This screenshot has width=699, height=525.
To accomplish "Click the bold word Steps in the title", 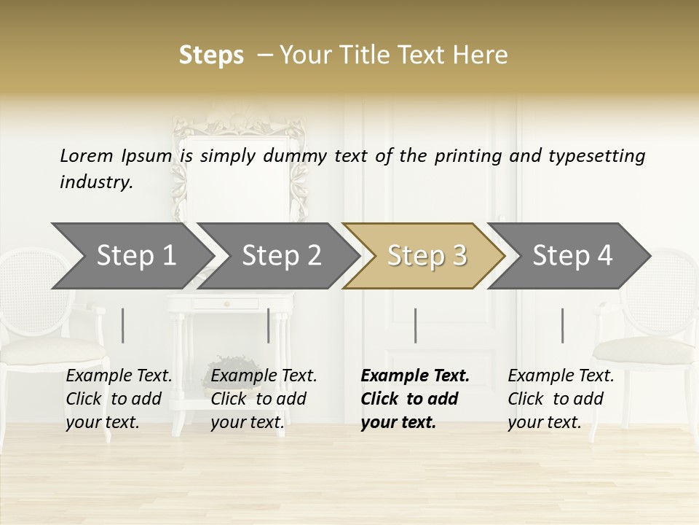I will pos(211,55).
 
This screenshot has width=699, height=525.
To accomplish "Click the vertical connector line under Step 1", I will pos(123,325).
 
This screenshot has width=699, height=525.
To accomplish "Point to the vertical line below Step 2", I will pos(269,325).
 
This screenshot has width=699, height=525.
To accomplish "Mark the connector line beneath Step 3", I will pos(416,325).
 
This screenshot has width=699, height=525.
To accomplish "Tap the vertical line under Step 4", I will pos(563,325).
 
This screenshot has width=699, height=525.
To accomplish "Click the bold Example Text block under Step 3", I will pos(415,399).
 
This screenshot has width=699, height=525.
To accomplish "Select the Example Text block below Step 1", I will pos(119,399).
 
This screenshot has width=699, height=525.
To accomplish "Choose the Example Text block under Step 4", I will pos(561,399).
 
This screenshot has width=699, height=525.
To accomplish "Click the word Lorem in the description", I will pos(87,155).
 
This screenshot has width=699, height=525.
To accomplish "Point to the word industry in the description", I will pos(96,182).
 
